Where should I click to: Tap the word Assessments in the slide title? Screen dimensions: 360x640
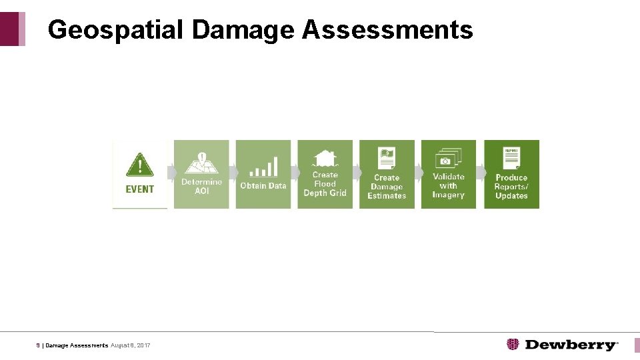[x=387, y=30]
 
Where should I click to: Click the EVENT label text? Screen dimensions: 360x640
[x=139, y=189]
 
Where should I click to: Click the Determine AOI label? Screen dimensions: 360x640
[x=201, y=186]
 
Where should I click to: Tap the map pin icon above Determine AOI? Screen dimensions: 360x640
[x=201, y=162]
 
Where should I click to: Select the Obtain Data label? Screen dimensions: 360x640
[x=263, y=186]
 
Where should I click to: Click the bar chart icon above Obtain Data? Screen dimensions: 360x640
[x=263, y=166]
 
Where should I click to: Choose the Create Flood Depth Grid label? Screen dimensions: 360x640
[x=325, y=184]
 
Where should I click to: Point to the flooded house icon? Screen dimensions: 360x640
[x=325, y=158]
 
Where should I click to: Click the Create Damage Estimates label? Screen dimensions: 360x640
[x=387, y=187]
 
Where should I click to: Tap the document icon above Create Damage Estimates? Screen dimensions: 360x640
[x=387, y=159]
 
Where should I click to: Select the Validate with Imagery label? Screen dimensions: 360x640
[x=448, y=186]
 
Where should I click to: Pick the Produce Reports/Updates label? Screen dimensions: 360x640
[x=511, y=187]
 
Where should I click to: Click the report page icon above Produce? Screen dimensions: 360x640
[x=511, y=158]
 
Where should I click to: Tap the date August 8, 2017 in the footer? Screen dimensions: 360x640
[x=131, y=345]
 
